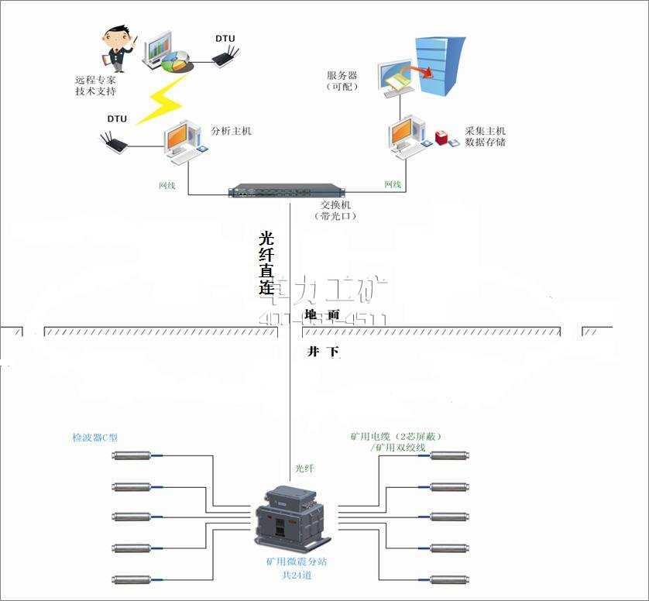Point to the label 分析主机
(x=231, y=131)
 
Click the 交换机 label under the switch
(x=336, y=205)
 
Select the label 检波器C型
(x=94, y=438)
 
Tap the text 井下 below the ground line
(x=323, y=352)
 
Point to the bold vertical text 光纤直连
(x=266, y=263)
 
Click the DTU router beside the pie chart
(x=225, y=55)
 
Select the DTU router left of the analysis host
(x=117, y=142)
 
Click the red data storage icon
(x=442, y=139)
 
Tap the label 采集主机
(x=485, y=131)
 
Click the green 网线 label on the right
(x=393, y=184)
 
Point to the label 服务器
(x=342, y=75)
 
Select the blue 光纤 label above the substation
(x=305, y=469)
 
